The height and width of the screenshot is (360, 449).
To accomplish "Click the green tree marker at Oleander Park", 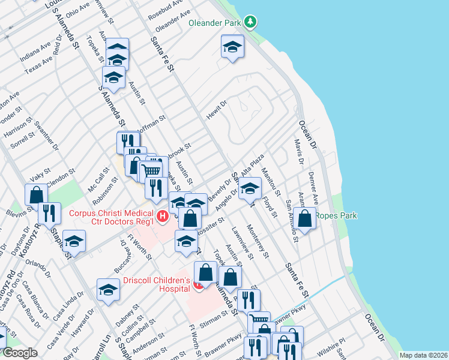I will (x=250, y=23).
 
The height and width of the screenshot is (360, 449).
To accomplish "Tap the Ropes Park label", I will (x=336, y=216).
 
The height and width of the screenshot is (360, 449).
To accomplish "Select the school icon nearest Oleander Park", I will (x=232, y=47).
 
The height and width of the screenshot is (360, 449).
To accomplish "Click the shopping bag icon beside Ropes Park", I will (x=305, y=219).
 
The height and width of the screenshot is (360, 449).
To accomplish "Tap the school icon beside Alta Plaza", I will (x=250, y=188).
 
